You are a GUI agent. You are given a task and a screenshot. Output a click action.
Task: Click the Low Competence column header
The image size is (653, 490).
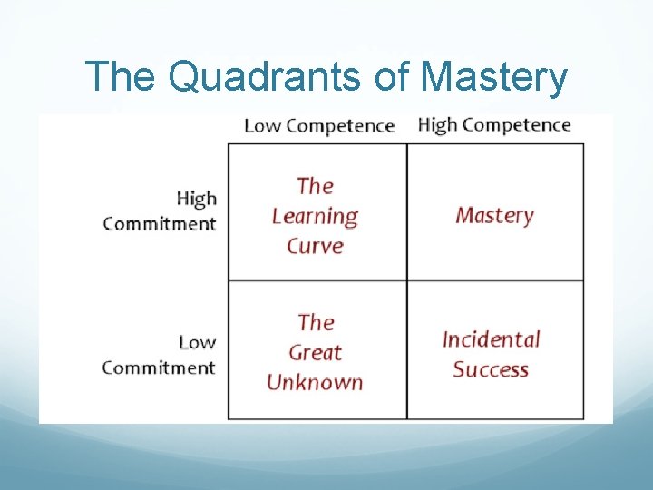319,126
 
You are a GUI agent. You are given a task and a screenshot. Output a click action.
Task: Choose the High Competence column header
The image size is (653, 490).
493,125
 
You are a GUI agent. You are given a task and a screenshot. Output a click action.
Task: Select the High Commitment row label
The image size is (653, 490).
160,211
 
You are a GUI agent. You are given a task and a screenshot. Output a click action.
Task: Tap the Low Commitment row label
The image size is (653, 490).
159,355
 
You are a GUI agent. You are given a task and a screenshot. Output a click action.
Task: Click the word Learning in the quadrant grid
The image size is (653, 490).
315,216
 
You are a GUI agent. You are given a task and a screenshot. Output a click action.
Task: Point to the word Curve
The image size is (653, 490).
315,246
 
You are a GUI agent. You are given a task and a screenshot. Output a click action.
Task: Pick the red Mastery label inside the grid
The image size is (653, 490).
494,215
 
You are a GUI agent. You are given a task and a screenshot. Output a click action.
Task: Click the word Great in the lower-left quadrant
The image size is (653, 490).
315,352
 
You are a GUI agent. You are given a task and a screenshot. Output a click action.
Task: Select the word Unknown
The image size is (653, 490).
315,382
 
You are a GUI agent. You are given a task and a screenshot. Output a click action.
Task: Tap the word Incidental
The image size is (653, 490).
491,339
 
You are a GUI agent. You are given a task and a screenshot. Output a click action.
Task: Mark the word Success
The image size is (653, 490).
491,369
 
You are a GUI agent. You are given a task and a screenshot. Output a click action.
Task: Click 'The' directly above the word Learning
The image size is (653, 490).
315,186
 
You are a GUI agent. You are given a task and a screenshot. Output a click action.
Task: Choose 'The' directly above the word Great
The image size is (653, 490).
316,322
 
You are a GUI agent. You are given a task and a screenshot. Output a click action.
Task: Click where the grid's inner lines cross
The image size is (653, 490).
406,280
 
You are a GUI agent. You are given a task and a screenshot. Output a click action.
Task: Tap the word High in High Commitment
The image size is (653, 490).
196,198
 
